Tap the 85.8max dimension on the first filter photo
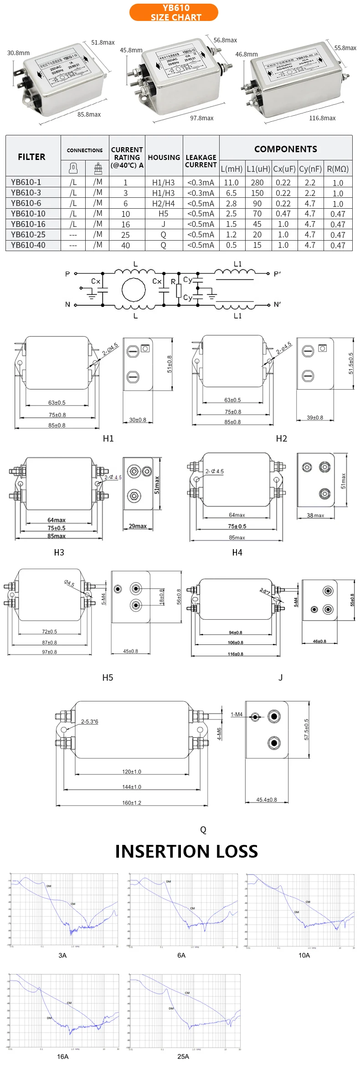[89, 114]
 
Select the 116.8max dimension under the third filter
[322, 118]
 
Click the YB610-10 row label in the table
[28, 214]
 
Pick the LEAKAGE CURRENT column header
[201, 161]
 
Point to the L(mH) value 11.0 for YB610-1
[231, 183]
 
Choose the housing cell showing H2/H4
[163, 203]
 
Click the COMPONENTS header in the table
[285, 149]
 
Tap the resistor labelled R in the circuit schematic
[178, 289]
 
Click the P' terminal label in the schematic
[277, 274]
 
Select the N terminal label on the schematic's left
[67, 304]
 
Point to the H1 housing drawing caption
[108, 438]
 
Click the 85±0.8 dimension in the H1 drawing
[57, 425]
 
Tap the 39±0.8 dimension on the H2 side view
[315, 417]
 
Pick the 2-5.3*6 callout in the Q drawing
[89, 721]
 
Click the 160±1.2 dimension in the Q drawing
[132, 803]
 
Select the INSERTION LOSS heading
[186, 851]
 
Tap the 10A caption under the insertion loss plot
[304, 955]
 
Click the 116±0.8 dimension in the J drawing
[236, 654]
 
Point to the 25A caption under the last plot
[183, 1056]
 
